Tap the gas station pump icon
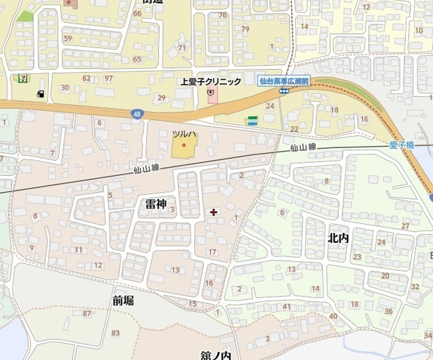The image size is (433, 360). point(41,93)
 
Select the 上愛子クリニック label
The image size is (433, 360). point(210,82)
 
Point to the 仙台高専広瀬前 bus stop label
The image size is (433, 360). point(284,80)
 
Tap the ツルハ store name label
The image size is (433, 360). point(183,134)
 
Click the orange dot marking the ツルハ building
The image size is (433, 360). point(183,144)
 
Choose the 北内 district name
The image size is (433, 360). point(338,238)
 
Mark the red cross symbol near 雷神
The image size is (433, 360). point(214,212)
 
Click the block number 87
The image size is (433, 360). point(87,313)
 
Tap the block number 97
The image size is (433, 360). point(108,78)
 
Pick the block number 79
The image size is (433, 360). point(245,29)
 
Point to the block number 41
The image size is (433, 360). point(287,307)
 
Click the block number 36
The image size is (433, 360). point(388,311)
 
